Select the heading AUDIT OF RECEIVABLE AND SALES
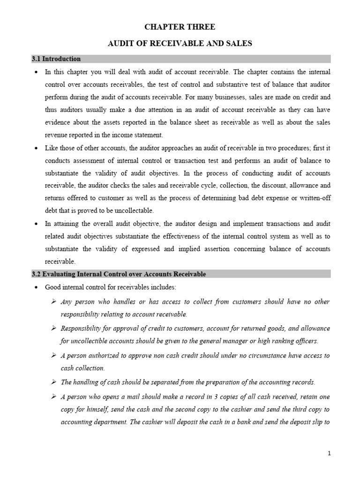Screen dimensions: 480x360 coord(180,44)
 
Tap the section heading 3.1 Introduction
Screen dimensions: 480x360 coord(56,59)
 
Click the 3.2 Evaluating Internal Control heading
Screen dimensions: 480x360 coord(118,274)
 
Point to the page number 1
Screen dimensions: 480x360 coord(330,453)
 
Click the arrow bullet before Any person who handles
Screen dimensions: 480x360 coord(54,301)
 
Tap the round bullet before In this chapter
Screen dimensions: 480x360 coord(37,72)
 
